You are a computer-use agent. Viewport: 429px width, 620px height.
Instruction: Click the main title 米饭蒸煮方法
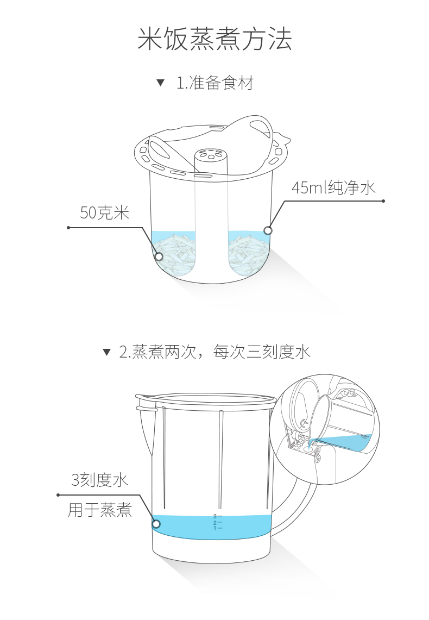214,40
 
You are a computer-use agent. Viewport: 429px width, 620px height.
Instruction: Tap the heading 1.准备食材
214,83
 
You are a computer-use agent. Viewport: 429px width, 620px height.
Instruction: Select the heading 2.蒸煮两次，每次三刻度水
214,352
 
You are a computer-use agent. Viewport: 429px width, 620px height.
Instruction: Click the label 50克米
105,212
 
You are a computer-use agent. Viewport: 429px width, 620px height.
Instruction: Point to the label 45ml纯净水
333,188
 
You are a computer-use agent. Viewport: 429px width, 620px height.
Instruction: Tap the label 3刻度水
99,480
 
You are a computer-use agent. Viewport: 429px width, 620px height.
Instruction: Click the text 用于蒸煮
100,510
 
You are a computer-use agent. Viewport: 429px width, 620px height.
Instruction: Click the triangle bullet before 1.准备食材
160,83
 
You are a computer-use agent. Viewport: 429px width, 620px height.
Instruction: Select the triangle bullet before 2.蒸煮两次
107,352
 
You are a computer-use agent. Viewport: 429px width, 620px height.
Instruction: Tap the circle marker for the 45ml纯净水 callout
268,230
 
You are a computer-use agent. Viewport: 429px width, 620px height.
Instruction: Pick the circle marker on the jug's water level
156,524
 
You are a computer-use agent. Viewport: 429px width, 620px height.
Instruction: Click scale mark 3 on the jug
217,516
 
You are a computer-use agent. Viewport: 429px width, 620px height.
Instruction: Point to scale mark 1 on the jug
217,528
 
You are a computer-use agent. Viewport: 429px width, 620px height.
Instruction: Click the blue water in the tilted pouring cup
348,441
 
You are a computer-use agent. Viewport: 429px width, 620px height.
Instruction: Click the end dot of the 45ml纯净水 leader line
383,201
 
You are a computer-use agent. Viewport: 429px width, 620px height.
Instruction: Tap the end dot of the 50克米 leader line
68,228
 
